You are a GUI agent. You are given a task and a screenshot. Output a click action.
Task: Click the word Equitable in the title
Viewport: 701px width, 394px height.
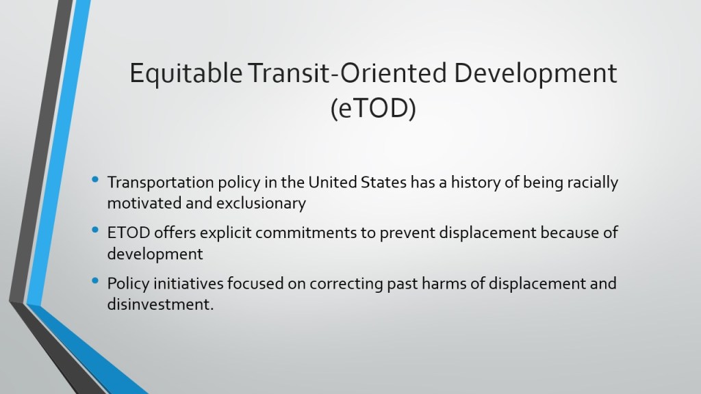coord(186,74)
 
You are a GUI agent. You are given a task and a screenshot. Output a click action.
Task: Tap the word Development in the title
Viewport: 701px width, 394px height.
coord(535,74)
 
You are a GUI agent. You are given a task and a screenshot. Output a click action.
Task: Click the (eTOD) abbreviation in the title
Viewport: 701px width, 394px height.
coord(373,108)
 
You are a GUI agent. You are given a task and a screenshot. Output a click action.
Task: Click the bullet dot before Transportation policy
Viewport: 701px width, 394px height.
coord(94,180)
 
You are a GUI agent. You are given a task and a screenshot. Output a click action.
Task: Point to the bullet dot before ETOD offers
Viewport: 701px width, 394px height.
coord(94,231)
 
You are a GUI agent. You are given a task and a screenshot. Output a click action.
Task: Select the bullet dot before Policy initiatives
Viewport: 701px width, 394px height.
coord(94,281)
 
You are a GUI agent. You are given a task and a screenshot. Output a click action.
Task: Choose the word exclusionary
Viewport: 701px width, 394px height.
coord(261,204)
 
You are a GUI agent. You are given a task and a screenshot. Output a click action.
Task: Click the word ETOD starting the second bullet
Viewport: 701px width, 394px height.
coord(129,233)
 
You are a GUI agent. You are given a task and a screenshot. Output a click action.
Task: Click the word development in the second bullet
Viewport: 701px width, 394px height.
coord(155,254)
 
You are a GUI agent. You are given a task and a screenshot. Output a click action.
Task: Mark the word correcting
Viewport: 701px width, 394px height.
coord(346,284)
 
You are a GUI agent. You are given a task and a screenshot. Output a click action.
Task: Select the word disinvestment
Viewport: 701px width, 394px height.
coord(160,304)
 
